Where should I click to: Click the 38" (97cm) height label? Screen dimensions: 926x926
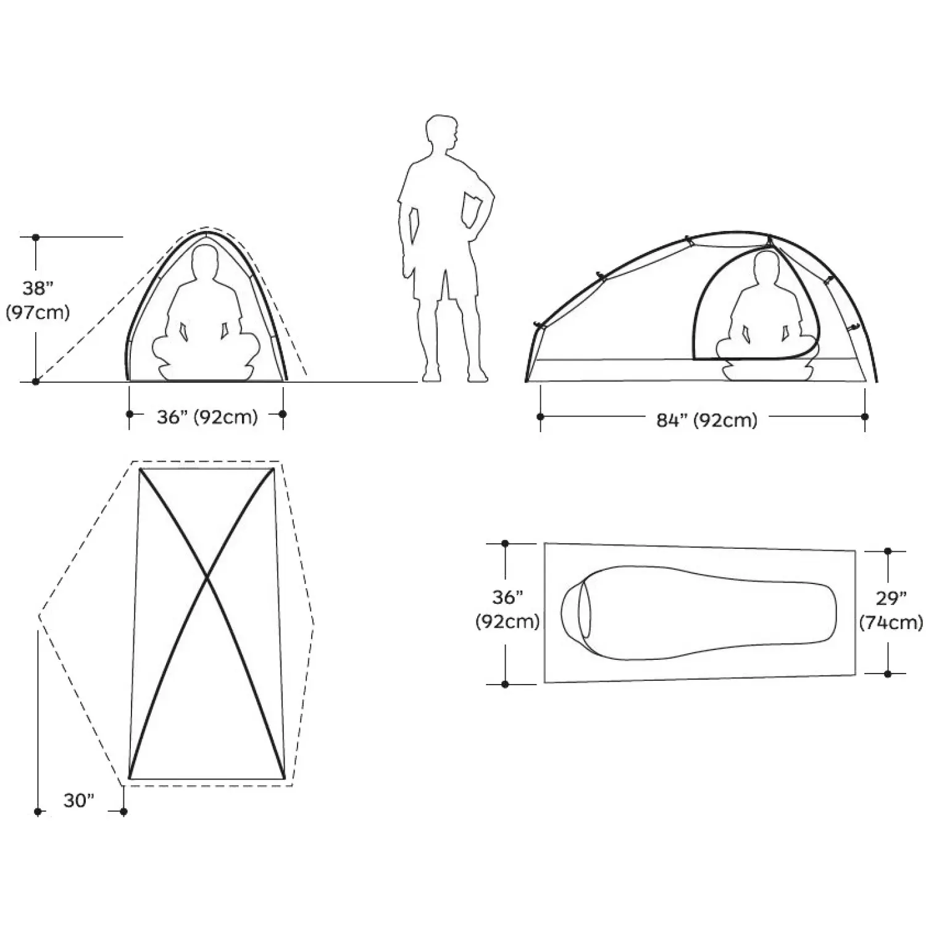pos(38,301)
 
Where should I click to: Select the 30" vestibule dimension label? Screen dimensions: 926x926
pos(79,801)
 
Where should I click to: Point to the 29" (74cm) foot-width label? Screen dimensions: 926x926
pos(891,611)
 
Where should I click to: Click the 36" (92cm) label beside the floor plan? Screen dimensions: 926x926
pos(507,609)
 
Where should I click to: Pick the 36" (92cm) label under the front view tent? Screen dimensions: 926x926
pos(207,417)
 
